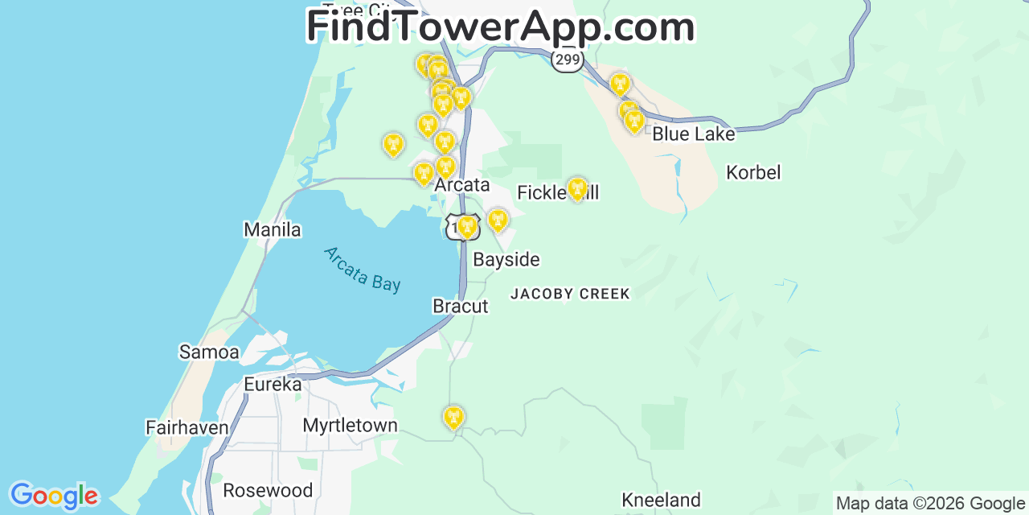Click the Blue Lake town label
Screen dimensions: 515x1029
click(693, 134)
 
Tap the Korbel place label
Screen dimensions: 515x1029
click(753, 172)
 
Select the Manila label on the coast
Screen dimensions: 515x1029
click(273, 230)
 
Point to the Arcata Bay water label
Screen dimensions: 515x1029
click(362, 270)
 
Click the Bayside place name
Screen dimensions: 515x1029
click(506, 260)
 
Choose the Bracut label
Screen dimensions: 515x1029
click(460, 307)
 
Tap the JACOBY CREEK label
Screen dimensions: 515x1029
click(570, 295)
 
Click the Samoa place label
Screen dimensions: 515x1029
click(209, 352)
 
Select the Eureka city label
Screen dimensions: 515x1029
click(273, 385)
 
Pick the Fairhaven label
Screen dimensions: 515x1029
click(187, 427)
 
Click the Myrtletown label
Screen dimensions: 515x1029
click(350, 426)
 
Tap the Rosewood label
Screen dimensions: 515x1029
click(268, 490)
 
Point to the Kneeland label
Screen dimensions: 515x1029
click(662, 501)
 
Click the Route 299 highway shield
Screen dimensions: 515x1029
click(568, 60)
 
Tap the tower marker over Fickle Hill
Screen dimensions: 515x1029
click(577, 189)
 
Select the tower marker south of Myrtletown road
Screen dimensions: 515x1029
click(453, 417)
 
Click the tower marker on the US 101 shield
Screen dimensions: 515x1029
click(466, 226)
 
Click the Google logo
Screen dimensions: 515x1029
click(54, 496)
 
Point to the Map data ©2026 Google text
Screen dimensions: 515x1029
click(930, 504)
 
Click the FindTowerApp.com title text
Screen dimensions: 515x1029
click(500, 27)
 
